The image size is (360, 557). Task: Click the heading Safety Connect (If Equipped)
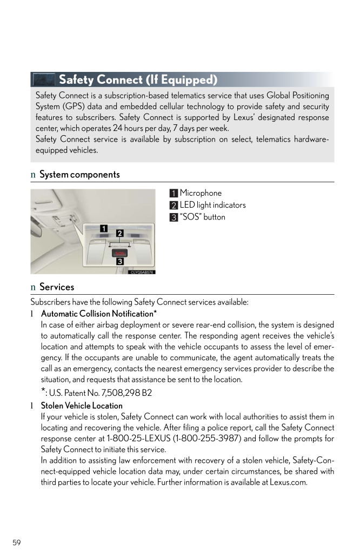pyautogui.click(x=138, y=80)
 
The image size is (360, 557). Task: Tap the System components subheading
pyautogui.click(x=79, y=175)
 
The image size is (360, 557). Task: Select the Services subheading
pyautogui.click(x=57, y=287)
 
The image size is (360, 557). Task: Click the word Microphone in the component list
pyautogui.click(x=201, y=193)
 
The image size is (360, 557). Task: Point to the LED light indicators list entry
pyautogui.click(x=212, y=205)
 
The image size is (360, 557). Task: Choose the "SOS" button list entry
pyautogui.click(x=202, y=217)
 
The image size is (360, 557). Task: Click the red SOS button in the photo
pyautogui.click(x=119, y=253)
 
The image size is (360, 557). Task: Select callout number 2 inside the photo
pyautogui.click(x=120, y=233)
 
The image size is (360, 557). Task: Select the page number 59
pyautogui.click(x=17, y=542)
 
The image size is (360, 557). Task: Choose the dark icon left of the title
pyautogui.click(x=44, y=80)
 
